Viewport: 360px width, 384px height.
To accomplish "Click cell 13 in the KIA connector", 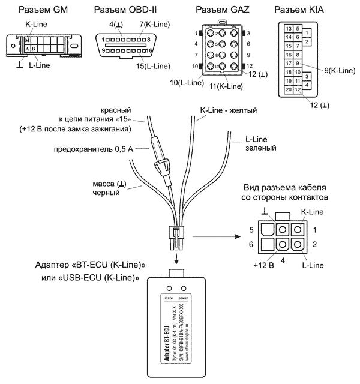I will [289, 29].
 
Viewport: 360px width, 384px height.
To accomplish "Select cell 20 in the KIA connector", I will [289, 89].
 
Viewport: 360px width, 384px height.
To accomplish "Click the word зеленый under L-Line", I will [260, 148].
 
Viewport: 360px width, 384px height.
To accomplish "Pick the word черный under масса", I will [107, 193].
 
